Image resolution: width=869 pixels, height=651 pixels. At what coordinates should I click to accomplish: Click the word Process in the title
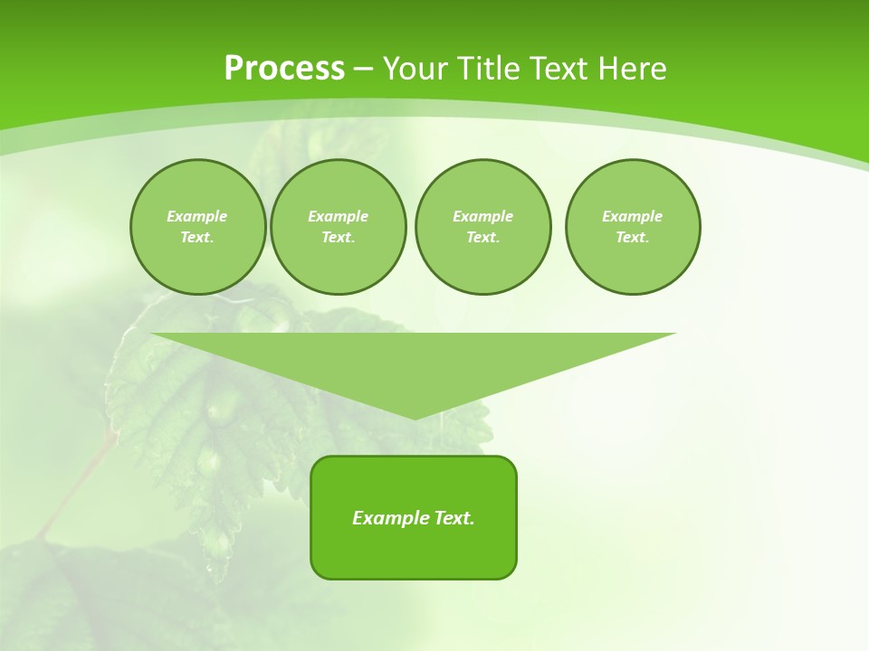coord(284,69)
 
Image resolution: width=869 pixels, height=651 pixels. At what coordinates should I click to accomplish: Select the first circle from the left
coord(198,227)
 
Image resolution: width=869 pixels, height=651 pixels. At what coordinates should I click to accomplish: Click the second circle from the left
coord(339,227)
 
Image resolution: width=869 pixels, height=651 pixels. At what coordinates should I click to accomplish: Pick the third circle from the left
coord(482,227)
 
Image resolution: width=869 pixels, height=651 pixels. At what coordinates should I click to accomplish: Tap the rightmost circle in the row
coord(633,227)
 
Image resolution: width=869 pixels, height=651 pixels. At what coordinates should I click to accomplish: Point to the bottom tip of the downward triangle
coord(415,417)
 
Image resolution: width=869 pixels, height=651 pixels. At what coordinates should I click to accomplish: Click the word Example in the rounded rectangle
coord(390,518)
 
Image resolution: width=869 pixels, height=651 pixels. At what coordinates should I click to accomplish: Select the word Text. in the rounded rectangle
coord(454,518)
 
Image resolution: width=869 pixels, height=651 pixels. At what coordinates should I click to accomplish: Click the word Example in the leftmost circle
coord(197,216)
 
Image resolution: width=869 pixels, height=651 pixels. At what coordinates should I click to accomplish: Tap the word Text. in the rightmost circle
coord(633,238)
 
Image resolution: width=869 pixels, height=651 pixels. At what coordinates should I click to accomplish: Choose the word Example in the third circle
coord(482,216)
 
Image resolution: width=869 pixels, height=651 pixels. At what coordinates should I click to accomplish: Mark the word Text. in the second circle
coord(339,238)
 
